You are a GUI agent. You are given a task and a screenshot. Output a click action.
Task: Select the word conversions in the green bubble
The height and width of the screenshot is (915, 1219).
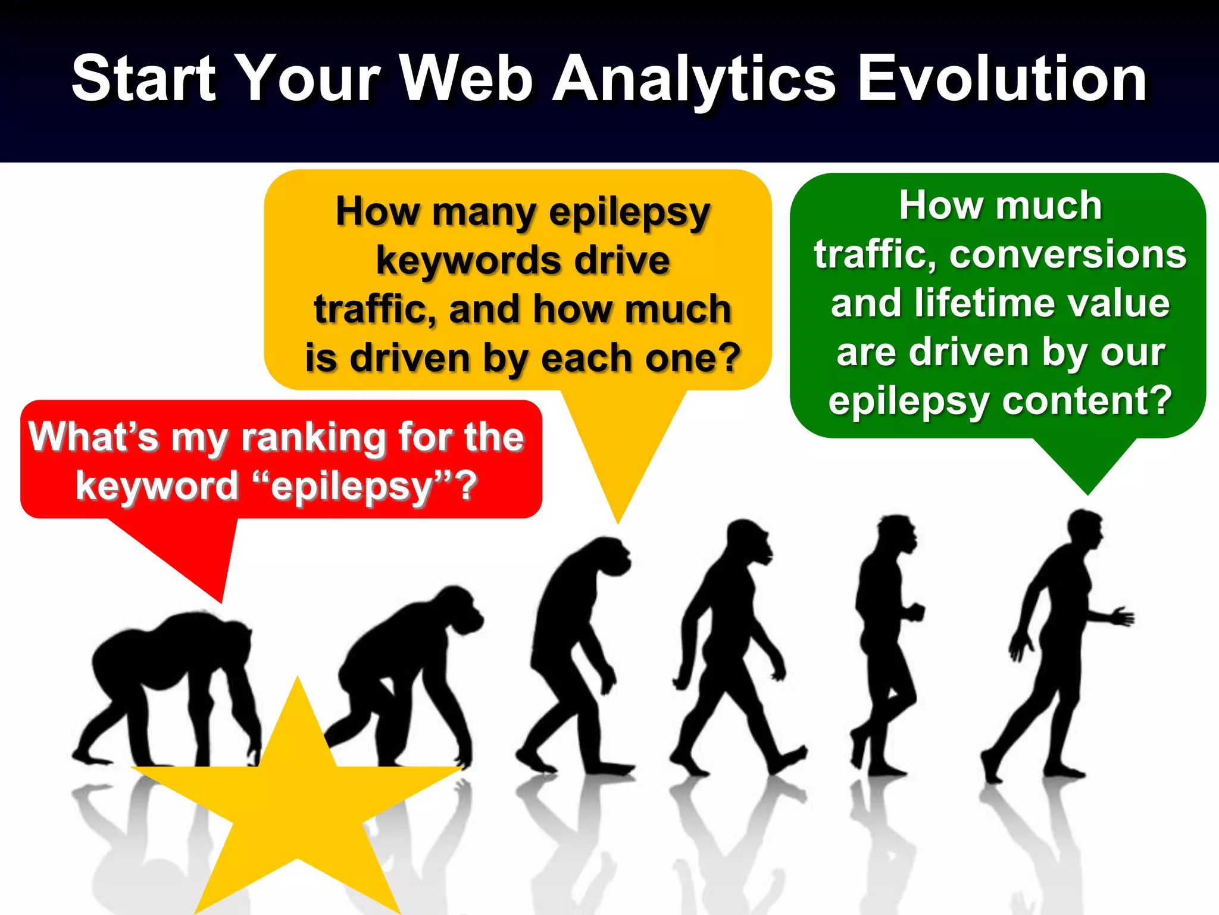coord(1068,255)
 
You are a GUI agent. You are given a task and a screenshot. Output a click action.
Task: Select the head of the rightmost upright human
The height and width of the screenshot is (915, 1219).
coord(1086,527)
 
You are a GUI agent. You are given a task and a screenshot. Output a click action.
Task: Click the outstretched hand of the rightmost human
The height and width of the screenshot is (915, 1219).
coord(1122,617)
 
